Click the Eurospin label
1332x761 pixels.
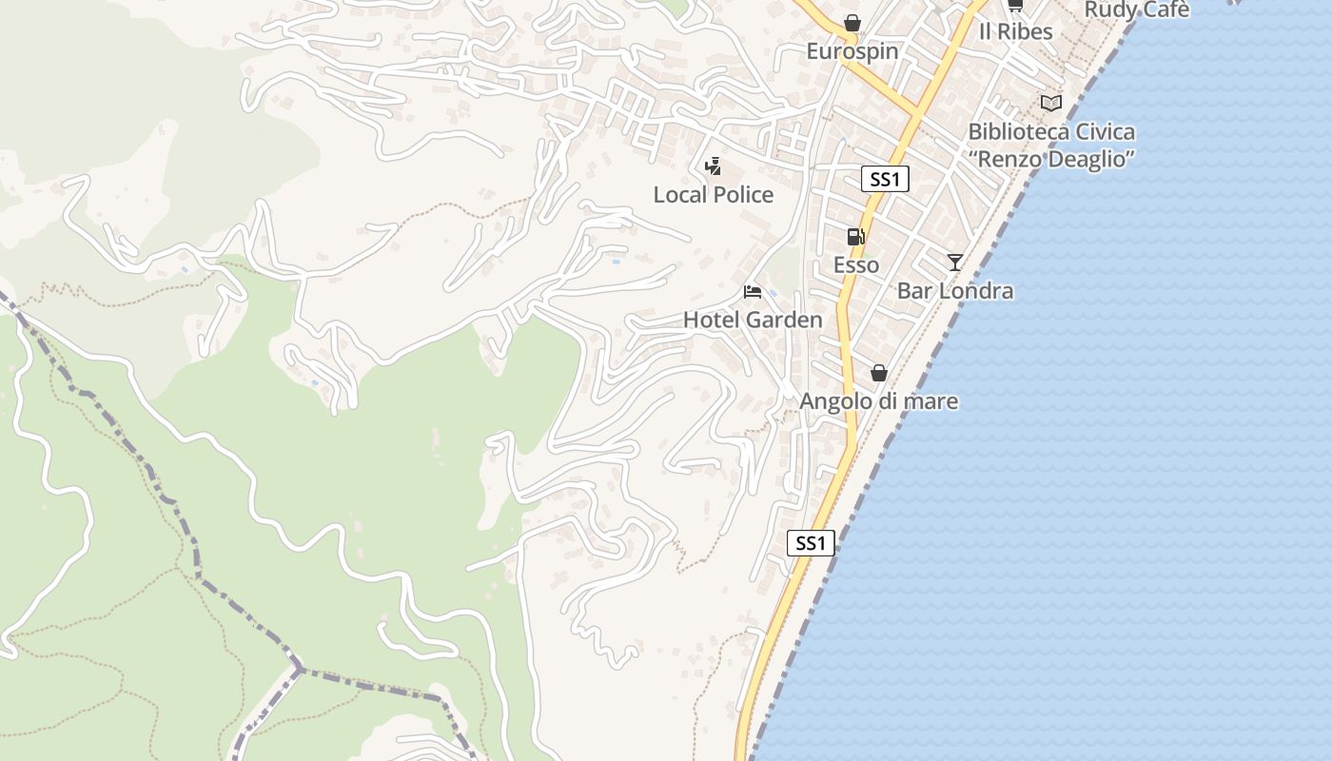coord(852,50)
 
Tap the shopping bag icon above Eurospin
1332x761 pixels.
coord(852,23)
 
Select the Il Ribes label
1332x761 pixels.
coord(1015,31)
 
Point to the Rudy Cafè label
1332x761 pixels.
coord(1136,10)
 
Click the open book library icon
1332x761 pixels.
coord(1050,103)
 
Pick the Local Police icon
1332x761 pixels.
coord(713,167)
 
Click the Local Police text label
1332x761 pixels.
coord(713,195)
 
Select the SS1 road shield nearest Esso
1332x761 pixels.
coord(885,179)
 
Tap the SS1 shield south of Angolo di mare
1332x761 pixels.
coord(811,543)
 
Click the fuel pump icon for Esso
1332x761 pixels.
coord(855,237)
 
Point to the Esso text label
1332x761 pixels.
coord(855,264)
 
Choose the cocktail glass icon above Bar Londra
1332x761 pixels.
coord(954,263)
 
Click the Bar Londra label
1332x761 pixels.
coord(954,290)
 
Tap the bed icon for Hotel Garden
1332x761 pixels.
coord(753,291)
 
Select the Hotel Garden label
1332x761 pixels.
coord(753,320)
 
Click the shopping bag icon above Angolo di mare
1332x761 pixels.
coord(878,373)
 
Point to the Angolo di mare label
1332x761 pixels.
coord(878,401)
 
